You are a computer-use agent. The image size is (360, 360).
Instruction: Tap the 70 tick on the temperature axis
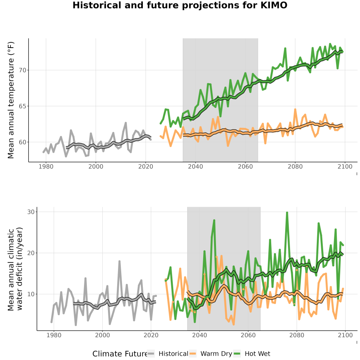click(22, 70)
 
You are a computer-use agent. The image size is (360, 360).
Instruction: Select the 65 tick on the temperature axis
click(22, 106)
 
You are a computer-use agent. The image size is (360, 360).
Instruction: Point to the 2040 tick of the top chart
click(195, 166)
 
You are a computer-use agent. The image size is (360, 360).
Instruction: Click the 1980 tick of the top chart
click(46, 166)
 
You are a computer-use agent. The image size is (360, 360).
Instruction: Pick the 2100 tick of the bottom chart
click(345, 335)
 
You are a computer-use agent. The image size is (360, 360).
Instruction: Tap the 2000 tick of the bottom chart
click(102, 335)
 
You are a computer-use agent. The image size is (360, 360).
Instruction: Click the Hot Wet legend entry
click(252, 354)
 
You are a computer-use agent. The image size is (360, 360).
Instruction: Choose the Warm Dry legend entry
click(210, 354)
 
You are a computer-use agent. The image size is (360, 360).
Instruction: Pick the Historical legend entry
click(168, 354)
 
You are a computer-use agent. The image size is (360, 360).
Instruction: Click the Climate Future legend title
click(120, 354)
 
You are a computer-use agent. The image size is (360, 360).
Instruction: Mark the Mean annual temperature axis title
click(11, 100)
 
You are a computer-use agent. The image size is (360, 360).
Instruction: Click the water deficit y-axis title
click(15, 269)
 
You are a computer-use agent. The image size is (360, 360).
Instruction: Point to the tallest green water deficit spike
click(287, 213)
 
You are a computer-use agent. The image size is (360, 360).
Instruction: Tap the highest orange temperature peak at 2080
click(295, 110)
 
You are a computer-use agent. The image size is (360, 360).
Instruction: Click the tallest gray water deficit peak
click(119, 261)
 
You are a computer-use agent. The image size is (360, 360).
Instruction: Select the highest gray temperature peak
click(126, 123)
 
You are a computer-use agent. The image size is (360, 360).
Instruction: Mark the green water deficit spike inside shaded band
click(214, 220)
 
